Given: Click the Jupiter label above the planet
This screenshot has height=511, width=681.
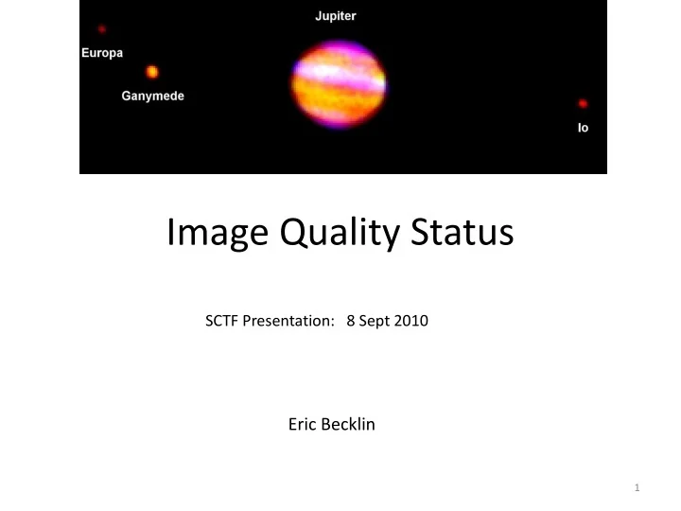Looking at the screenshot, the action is tap(335, 16).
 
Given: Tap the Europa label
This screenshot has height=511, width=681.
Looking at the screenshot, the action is tap(102, 53).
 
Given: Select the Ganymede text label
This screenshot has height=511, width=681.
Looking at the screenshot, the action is tap(153, 96).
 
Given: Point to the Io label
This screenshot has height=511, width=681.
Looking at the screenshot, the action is tap(583, 128).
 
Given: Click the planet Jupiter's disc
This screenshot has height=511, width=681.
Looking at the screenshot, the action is tap(339, 85).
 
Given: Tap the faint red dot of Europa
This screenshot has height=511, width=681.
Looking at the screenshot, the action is tap(101, 29).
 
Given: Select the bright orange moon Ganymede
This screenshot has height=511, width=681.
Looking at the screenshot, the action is tap(152, 72).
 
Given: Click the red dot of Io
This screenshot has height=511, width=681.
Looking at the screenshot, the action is tap(583, 103).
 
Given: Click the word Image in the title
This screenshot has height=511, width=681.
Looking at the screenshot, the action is tap(218, 234).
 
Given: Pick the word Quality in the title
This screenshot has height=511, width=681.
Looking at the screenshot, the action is tap(340, 234).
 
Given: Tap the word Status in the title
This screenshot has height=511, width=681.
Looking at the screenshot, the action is tap(463, 232).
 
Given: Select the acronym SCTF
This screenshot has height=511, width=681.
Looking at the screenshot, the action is tap(221, 321).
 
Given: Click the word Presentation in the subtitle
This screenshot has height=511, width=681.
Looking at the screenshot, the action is tap(288, 321).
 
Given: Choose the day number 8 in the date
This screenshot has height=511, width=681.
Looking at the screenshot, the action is tap(351, 321).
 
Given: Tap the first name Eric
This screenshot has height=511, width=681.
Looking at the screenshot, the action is tap(303, 424).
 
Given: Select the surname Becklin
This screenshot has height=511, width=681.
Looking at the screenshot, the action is tap(348, 424).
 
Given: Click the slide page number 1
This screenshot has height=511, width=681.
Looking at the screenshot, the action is tap(637, 487).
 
